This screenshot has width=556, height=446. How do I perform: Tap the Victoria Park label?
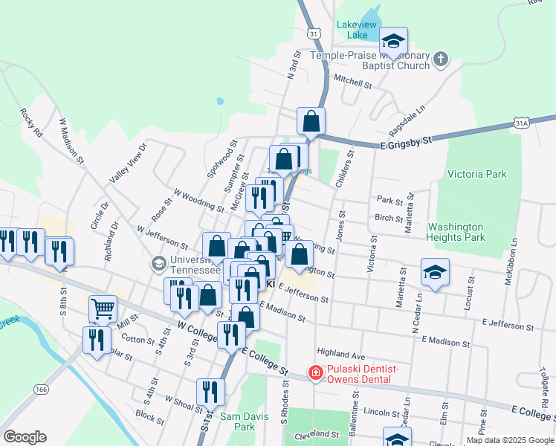pyautogui.click(x=476, y=174)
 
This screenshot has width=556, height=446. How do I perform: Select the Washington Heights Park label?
pyautogui.click(x=456, y=232)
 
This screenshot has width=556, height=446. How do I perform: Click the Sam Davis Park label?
pyautogui.click(x=237, y=421)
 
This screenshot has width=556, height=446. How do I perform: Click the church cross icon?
pyautogui.click(x=441, y=59)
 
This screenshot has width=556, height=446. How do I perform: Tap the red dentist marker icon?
pyautogui.click(x=315, y=372)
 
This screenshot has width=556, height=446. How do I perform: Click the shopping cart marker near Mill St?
pyautogui.click(x=103, y=308)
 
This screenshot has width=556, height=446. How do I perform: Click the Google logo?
pyautogui.click(x=25, y=437)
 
